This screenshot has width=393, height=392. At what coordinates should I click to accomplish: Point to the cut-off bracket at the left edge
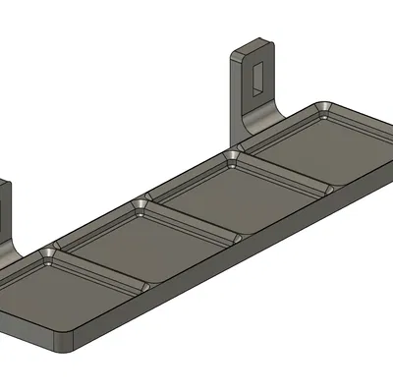(6, 211)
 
